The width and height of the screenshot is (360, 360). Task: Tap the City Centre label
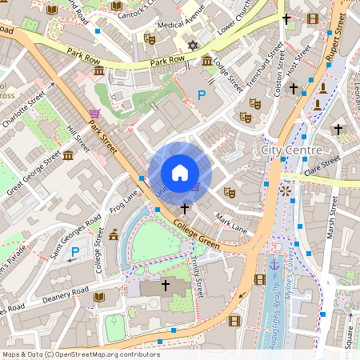292,150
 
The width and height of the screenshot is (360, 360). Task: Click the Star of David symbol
192,46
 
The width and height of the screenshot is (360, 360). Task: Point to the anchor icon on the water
275,263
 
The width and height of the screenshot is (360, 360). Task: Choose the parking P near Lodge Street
201,95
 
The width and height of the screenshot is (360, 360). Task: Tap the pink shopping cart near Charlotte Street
95,114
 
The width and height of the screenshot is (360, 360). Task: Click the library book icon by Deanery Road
99,298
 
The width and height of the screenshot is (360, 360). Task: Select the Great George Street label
34,173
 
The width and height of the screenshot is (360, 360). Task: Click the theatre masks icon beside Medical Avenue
149,38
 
